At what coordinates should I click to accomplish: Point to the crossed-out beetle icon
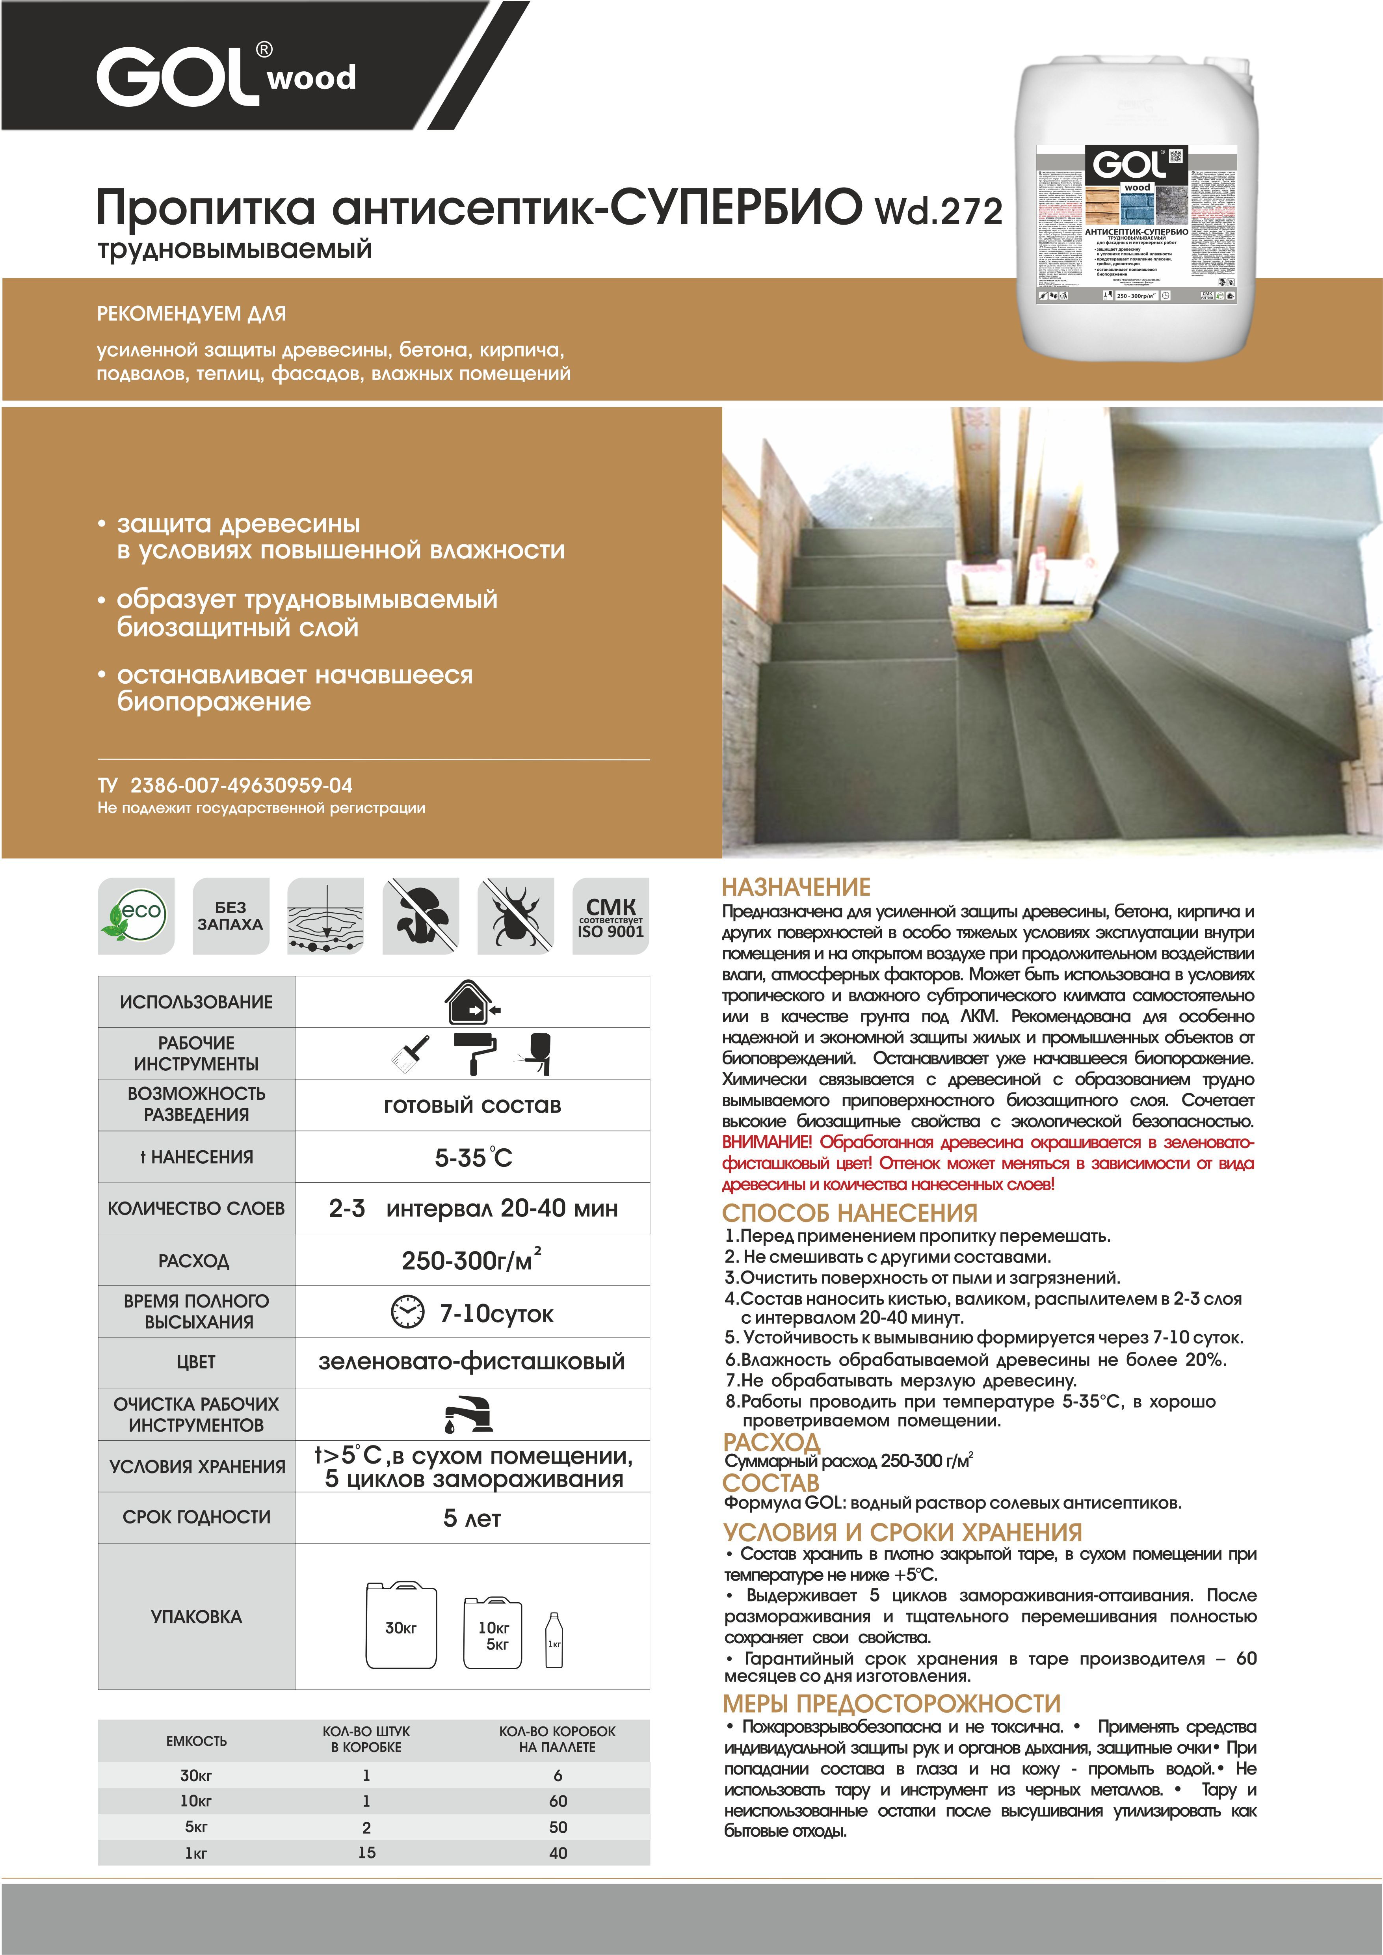point(515,916)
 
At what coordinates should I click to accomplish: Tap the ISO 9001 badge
point(611,916)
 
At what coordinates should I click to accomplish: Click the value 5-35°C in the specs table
point(474,1157)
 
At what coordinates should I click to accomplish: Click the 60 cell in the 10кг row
point(558,1801)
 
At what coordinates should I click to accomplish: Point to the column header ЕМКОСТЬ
point(197,1741)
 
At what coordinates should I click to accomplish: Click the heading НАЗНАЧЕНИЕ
point(796,887)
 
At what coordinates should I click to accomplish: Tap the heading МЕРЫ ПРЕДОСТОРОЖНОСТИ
point(892,1704)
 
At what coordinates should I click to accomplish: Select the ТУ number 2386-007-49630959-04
point(241,785)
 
